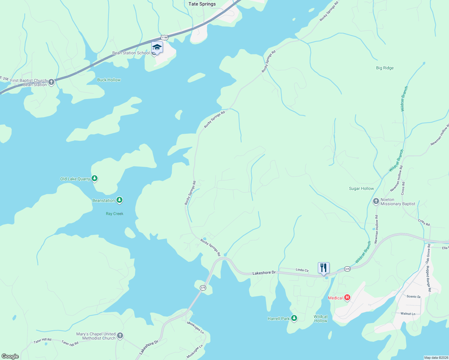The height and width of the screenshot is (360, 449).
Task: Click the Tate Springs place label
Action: coord(202,4)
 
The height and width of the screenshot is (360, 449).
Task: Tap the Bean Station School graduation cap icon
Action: coord(157,47)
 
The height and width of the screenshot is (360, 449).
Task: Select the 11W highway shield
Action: coord(164,37)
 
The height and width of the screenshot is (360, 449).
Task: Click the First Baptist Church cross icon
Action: coord(51,82)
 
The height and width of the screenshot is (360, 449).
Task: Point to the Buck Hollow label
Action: coord(109,80)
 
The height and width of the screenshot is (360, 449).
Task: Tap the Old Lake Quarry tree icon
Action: coord(95,178)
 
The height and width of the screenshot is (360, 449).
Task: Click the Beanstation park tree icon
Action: coord(119,200)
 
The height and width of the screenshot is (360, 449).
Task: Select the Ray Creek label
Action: coord(115,214)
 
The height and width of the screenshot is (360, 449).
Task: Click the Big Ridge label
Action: coord(385,68)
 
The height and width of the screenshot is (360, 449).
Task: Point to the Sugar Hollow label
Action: coord(361,188)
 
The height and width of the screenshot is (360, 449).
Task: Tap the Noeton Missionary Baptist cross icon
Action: coord(376,201)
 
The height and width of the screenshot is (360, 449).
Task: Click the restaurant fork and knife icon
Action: coord(324,268)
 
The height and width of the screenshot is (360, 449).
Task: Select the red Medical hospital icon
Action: coord(347,298)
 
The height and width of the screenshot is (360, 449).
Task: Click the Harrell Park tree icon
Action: coord(294,318)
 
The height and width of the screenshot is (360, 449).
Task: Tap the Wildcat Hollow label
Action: coord(321,319)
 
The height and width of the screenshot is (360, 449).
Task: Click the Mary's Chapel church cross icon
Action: coord(120,336)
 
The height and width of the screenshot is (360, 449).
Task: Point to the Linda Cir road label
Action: coord(302,270)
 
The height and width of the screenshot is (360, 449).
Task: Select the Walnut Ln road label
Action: coord(408,313)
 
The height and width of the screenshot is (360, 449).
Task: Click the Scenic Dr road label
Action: coord(414,296)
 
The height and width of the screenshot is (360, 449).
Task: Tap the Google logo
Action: coord(10,356)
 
